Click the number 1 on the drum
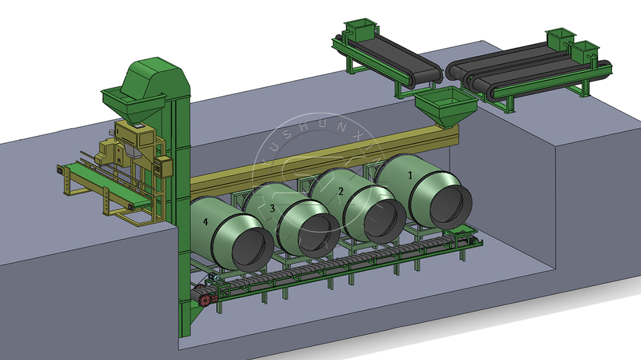coord(411,174)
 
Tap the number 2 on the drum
coord(340,191)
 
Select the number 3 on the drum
coord(272,208)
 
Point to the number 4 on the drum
coord(206,222)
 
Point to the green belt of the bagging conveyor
coord(103,180)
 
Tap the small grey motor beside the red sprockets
coord(211,278)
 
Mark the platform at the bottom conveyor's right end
coord(463,235)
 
